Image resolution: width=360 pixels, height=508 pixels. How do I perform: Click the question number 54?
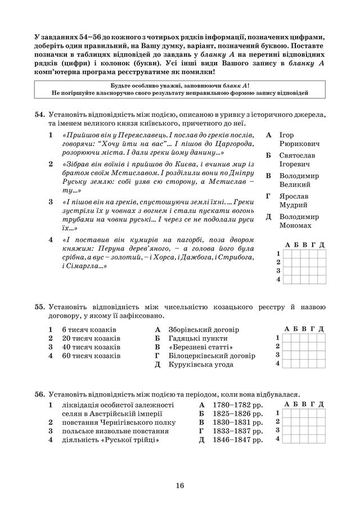39,114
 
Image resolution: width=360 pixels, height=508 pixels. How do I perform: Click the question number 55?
39,307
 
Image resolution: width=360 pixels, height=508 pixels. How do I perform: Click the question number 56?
39,394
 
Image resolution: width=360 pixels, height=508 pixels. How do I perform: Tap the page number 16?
179,486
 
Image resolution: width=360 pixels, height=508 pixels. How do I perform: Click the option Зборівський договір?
203,329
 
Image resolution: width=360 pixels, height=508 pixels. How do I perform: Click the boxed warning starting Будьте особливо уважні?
179,88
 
